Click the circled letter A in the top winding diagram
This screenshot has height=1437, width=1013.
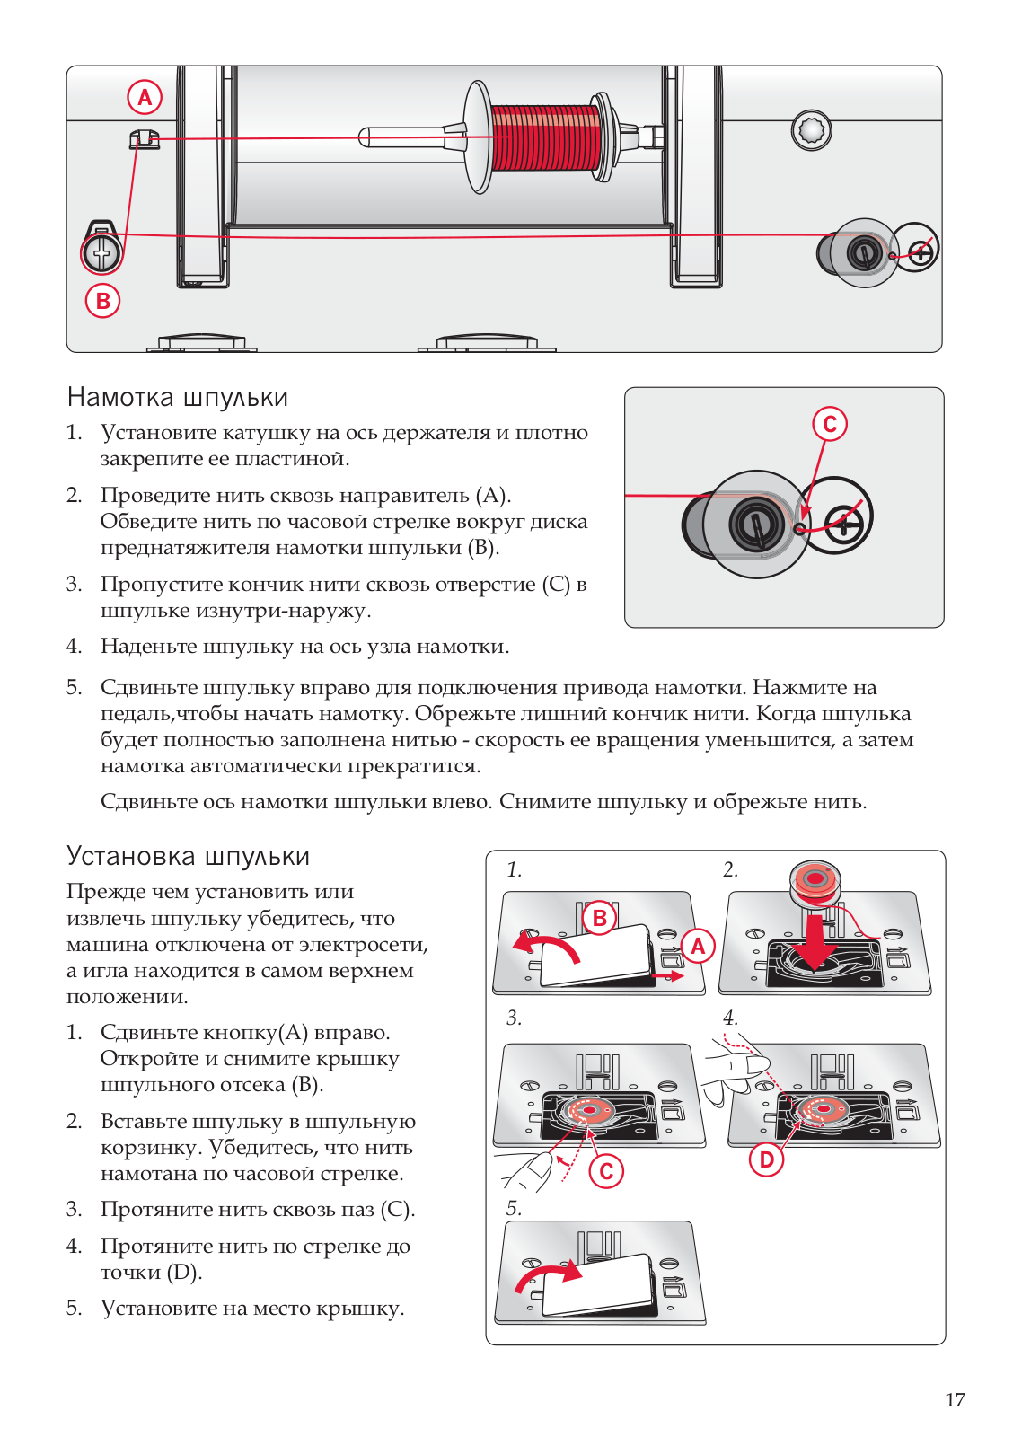[145, 97]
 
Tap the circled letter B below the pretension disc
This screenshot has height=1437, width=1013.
[102, 301]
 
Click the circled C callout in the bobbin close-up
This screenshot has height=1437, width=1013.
[830, 424]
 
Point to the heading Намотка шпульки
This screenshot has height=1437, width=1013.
[178, 397]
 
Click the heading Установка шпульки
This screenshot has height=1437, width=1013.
[188, 856]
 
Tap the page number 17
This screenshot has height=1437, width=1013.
[955, 1399]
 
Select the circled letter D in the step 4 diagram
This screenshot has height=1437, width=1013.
[766, 1159]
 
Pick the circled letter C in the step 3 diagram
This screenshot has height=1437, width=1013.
[606, 1171]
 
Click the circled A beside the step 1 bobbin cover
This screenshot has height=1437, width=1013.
[698, 945]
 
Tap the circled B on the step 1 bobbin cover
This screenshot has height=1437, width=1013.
[599, 918]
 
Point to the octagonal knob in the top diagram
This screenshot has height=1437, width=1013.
[811, 131]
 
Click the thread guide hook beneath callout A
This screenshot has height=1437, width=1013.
[144, 139]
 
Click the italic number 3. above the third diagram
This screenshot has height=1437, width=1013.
[514, 1018]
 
